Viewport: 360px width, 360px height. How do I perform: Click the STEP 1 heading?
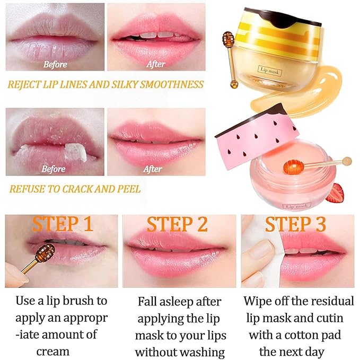pyautogui.click(x=63, y=224)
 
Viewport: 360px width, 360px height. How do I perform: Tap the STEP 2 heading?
pyautogui.click(x=177, y=224)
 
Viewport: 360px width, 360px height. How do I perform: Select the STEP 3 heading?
pyautogui.click(x=295, y=224)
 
